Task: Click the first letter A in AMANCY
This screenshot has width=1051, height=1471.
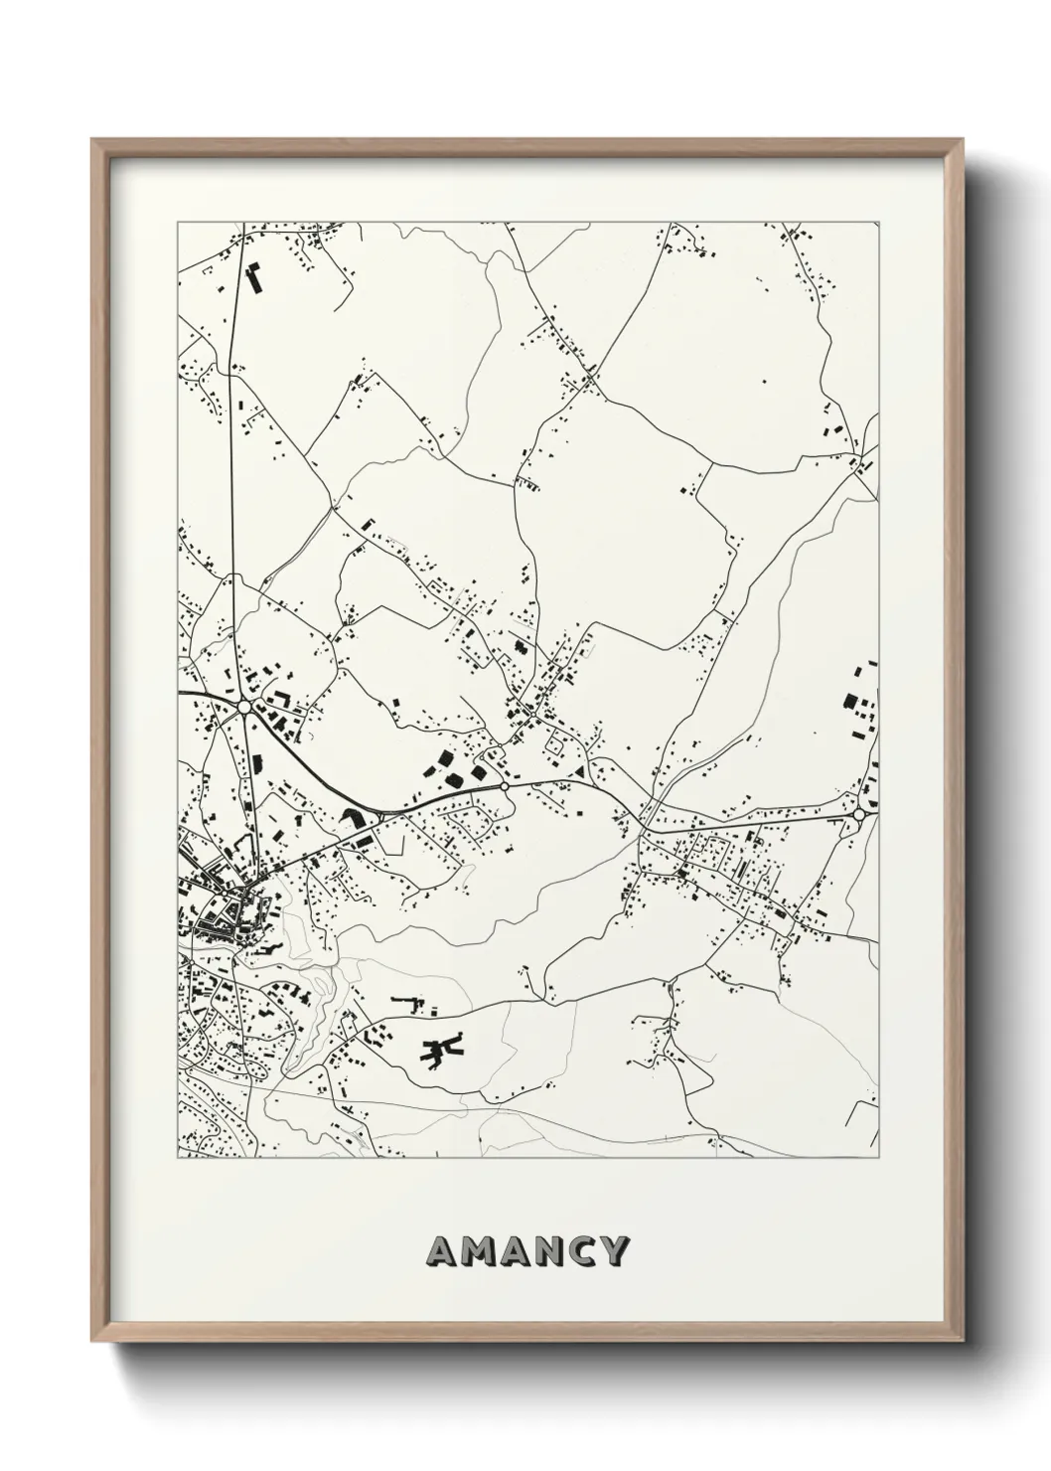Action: [442, 1250]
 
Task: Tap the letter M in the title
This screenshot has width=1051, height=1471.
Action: [478, 1250]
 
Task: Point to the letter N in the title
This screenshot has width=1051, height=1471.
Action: [551, 1250]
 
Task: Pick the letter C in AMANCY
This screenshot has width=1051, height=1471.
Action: [585, 1250]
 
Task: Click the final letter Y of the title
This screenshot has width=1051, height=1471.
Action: [616, 1250]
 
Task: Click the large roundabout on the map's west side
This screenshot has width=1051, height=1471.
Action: [243, 707]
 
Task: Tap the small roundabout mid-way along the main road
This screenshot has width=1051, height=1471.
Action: [505, 785]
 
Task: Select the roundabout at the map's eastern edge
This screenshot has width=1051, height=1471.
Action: [858, 814]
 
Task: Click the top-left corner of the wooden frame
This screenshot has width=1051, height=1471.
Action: [93, 140]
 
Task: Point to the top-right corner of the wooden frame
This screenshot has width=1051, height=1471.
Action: [961, 140]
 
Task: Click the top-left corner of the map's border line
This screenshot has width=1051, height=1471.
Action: [178, 223]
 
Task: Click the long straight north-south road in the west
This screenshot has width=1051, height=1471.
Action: [230, 447]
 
